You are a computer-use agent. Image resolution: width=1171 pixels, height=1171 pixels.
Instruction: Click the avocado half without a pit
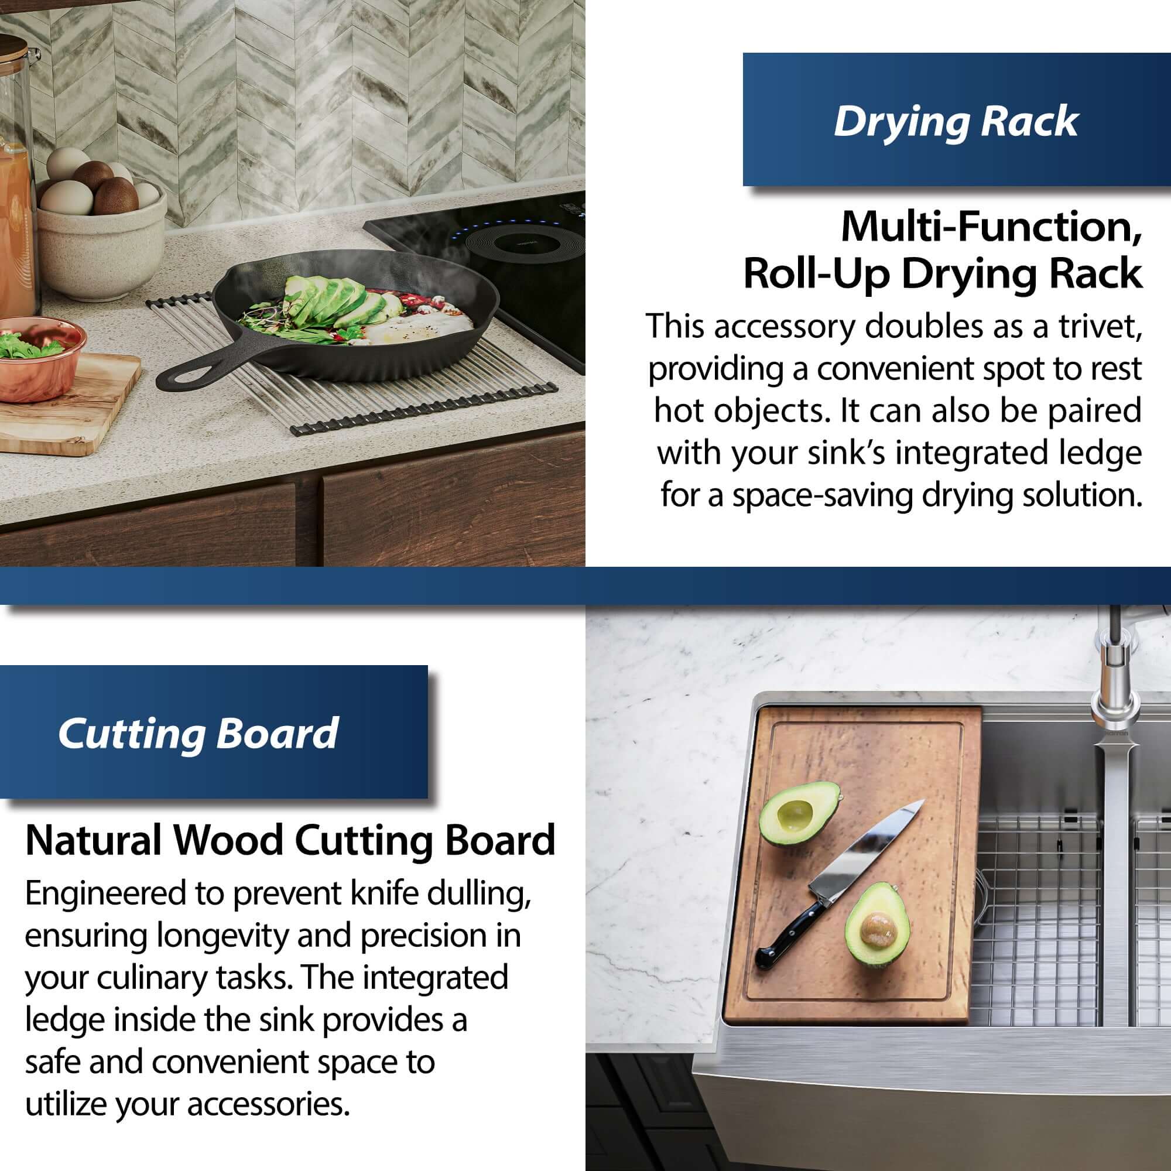pos(799,814)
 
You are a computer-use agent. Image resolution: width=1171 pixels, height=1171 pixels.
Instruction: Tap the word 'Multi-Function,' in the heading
pos(992,227)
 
